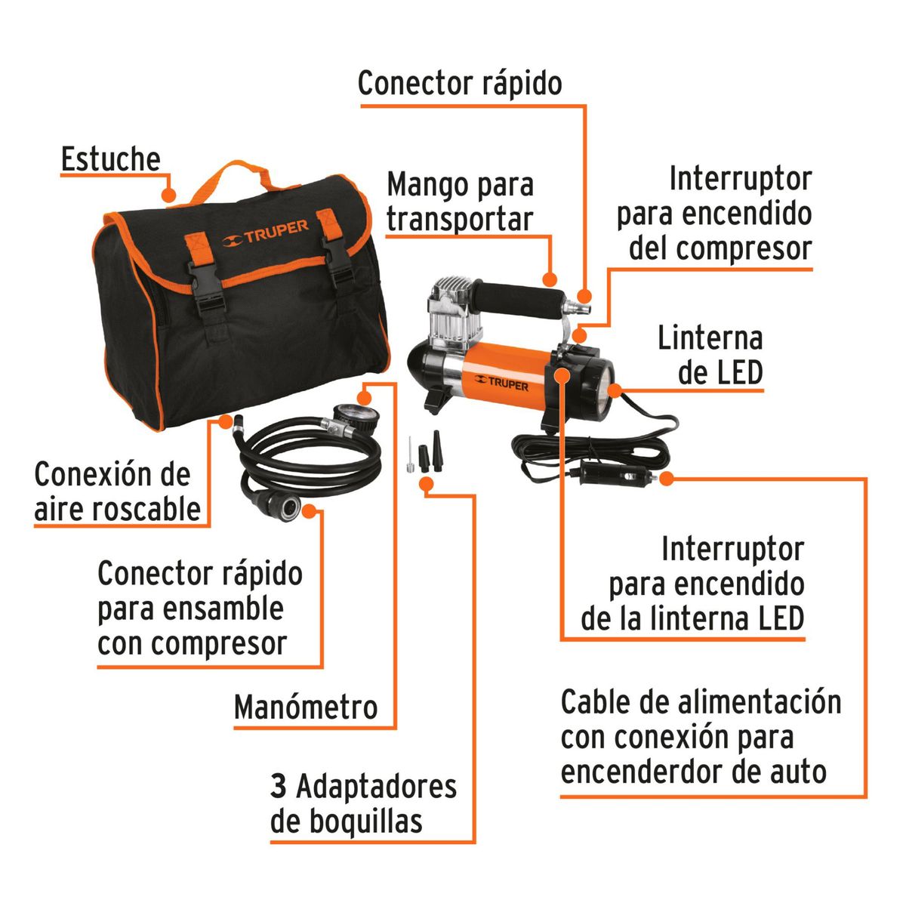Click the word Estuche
point(110,159)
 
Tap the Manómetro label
point(305,707)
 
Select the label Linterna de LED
point(710,355)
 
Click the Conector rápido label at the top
point(460,83)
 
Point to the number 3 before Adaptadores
point(279,786)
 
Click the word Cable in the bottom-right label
point(593,702)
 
